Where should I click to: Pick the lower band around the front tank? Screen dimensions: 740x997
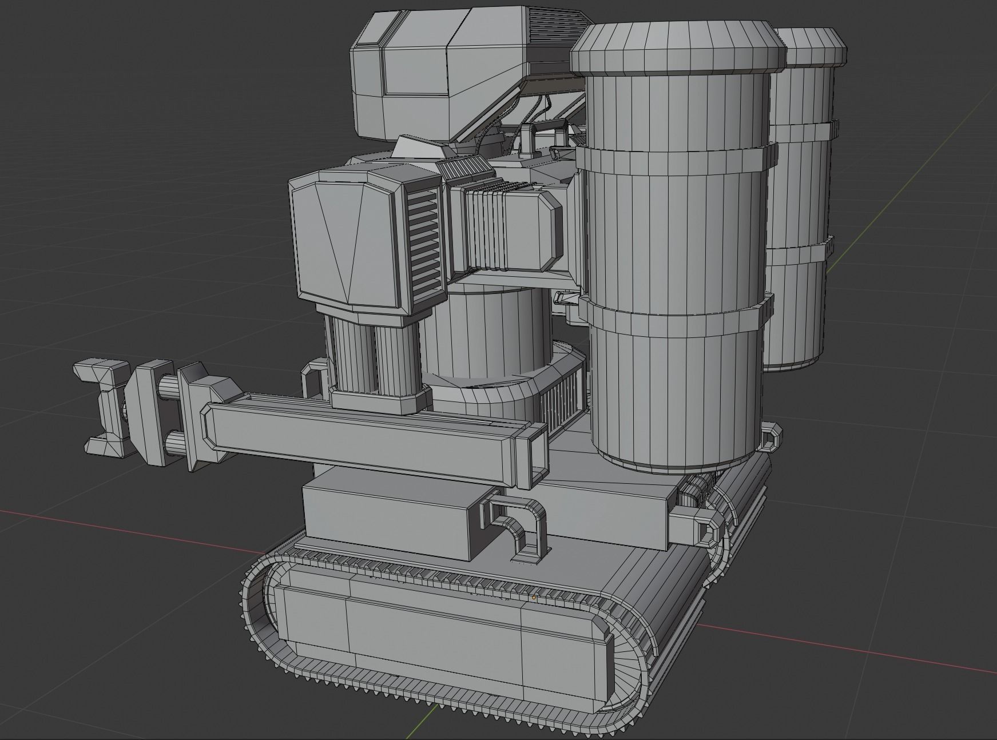tap(675, 318)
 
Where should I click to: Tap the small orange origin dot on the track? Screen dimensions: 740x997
tap(534, 597)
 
